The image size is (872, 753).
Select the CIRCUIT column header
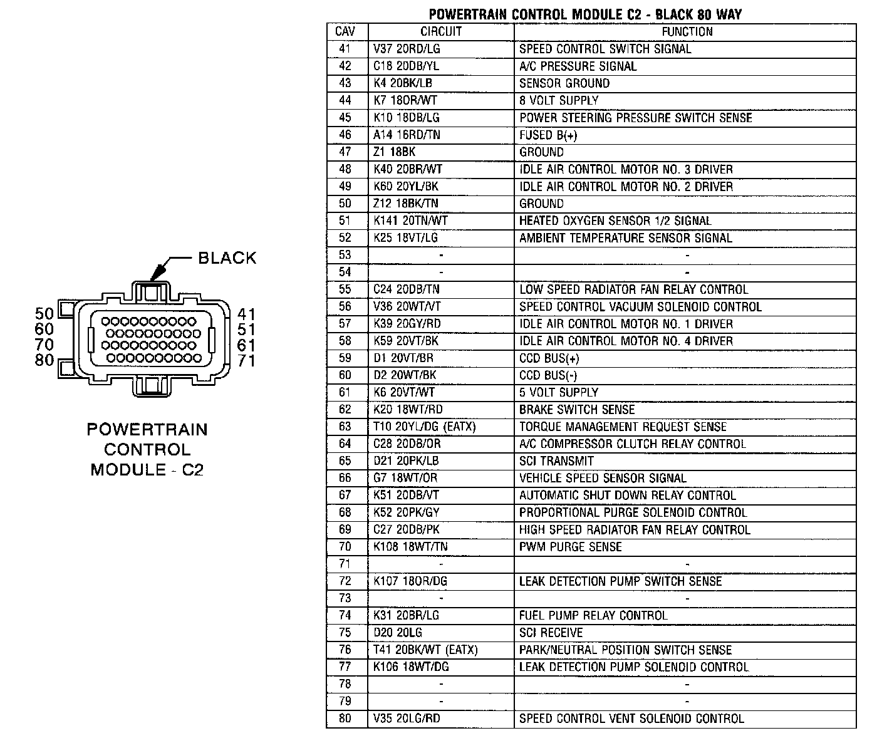pos(440,32)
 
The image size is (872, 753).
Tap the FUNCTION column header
pos(687,32)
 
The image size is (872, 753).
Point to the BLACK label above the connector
pos(227,258)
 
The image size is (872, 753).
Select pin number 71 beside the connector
pos(246,361)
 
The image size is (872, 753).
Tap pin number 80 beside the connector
pos(44,361)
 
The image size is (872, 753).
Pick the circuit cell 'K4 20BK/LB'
pos(403,83)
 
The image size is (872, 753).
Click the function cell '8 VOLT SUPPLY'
pos(559,100)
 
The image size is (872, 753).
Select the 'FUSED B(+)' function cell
pos(548,135)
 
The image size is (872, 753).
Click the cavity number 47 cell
pos(345,152)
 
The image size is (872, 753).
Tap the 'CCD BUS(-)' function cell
pos(548,375)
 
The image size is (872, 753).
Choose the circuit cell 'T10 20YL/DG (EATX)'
pos(425,427)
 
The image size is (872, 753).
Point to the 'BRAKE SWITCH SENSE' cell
pos(577,410)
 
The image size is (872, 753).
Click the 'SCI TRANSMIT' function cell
pos(556,461)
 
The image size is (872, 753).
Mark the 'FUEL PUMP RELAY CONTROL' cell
pos(593,616)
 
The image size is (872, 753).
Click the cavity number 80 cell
pos(345,719)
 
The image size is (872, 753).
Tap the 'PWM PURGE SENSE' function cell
pos(570,547)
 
